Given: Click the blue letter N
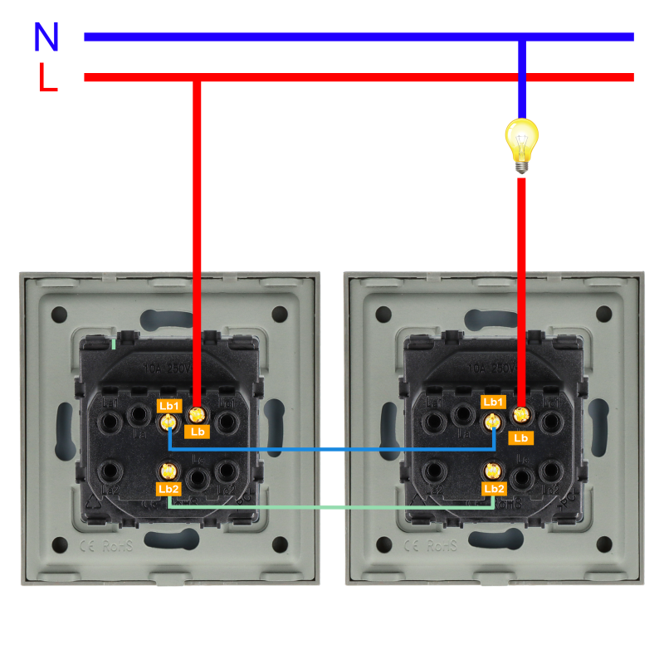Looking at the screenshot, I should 46,37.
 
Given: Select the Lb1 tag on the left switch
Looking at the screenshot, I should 169,405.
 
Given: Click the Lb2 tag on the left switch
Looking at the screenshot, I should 168,489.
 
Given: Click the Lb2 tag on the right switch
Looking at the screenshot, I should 494,489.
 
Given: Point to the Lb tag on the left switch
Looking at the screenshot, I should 198,432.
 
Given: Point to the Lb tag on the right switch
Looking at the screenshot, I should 521,437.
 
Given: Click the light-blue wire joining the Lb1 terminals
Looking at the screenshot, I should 332,449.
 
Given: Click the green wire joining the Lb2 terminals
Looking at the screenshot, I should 332,507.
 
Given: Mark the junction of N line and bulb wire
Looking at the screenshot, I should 522,37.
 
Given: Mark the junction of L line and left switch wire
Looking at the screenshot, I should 197,77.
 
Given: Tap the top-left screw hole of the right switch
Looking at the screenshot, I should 383,315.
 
